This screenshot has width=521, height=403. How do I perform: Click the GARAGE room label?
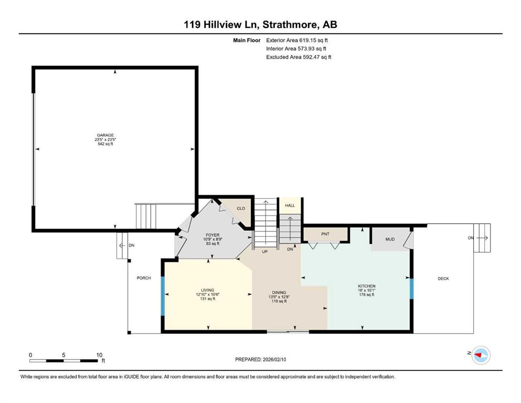pos(105,135)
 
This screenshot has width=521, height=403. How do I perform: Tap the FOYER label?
pos(212,235)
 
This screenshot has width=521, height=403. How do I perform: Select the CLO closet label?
pos(241,208)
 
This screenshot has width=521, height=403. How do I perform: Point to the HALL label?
pos(290,205)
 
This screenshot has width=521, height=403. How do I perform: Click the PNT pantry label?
pos(325,234)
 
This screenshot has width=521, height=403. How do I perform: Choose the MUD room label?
pos(390,239)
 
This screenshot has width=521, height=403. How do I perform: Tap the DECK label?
pos(443,279)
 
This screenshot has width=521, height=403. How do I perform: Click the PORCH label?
pos(144,278)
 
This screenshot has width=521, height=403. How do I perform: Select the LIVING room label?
pos(208,290)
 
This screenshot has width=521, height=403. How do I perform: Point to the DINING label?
pos(279,293)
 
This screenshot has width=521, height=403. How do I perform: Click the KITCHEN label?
pos(367,286)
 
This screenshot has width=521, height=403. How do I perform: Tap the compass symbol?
pos(481,355)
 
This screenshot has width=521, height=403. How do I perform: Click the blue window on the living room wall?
pos(163,296)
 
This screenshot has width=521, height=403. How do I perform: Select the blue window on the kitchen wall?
pos(411,289)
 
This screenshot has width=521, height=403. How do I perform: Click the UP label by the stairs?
pos(265,251)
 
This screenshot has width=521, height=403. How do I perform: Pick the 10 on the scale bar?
pos(99,355)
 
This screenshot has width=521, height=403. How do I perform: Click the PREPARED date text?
pos(260,359)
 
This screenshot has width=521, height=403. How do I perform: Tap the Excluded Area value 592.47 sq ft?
pos(317,57)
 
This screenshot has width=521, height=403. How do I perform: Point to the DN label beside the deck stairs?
pos(471,238)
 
